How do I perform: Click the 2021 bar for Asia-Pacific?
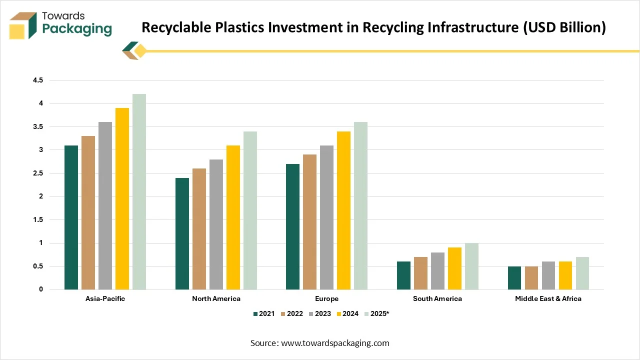(71, 217)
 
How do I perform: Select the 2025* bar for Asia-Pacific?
(139, 192)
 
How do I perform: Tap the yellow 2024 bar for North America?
(233, 217)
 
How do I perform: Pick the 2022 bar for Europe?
(309, 222)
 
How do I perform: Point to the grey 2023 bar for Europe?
(326, 217)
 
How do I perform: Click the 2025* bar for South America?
(471, 266)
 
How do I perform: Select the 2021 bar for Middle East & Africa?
(514, 278)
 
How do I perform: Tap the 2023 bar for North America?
(216, 224)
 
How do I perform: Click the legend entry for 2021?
(264, 313)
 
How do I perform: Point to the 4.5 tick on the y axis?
(38, 80)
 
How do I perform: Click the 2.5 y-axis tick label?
(38, 173)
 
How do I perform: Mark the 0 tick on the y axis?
(41, 289)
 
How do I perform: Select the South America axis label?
(437, 298)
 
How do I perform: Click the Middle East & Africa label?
(548, 298)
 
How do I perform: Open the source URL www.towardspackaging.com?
(335, 343)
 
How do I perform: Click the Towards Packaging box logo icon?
(23, 25)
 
